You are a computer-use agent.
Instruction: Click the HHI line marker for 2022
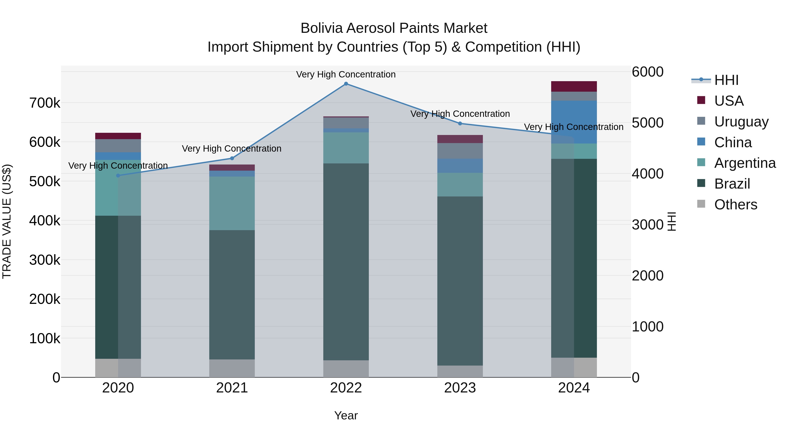[x=346, y=84]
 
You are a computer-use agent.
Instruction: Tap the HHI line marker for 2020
[x=118, y=175]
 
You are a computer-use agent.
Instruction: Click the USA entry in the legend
[x=729, y=101]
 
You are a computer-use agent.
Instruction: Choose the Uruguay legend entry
[x=741, y=121]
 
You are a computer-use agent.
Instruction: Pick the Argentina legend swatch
[x=701, y=162]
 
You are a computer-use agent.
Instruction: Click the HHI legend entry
[x=726, y=80]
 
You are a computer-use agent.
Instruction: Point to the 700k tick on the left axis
[x=45, y=103]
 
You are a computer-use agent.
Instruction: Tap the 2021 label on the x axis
[x=232, y=388]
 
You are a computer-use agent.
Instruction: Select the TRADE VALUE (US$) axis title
[x=7, y=221]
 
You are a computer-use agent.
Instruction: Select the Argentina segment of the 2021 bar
[x=232, y=203]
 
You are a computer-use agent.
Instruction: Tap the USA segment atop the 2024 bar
[x=574, y=86]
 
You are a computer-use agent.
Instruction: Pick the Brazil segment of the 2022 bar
[x=346, y=261]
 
